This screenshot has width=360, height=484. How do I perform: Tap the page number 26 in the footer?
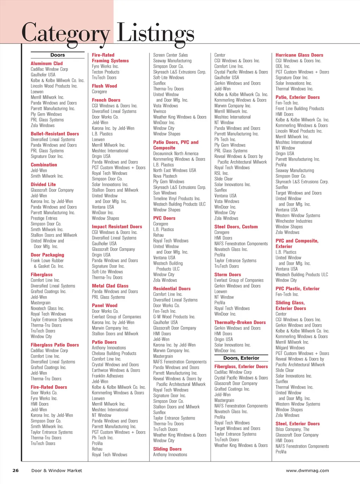tap(15, 470)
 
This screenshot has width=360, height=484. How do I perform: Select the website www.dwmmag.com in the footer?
tap(307, 470)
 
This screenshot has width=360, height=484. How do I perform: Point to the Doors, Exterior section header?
tap(241, 358)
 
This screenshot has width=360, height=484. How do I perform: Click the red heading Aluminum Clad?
tap(46, 63)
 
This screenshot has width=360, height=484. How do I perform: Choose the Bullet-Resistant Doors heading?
tap(55, 134)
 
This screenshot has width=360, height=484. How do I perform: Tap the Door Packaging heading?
tap(47, 255)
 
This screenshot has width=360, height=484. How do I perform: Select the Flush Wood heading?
tap(104, 86)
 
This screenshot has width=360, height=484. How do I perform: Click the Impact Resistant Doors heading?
tap(117, 227)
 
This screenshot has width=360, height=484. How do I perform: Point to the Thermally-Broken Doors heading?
tap(240, 322)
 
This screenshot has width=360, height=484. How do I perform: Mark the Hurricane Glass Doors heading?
tap(299, 55)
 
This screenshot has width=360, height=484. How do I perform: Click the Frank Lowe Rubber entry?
tap(47, 261)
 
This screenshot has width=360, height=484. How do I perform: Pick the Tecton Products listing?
tap(105, 72)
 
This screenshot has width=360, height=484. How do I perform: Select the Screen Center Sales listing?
tap(171, 55)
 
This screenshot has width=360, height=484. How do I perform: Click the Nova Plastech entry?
tap(165, 176)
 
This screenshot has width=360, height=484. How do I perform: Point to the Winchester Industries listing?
tap(294, 221)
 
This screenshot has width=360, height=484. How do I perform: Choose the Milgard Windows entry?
tap(290, 348)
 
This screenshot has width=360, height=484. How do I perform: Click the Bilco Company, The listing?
tap(292, 429)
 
